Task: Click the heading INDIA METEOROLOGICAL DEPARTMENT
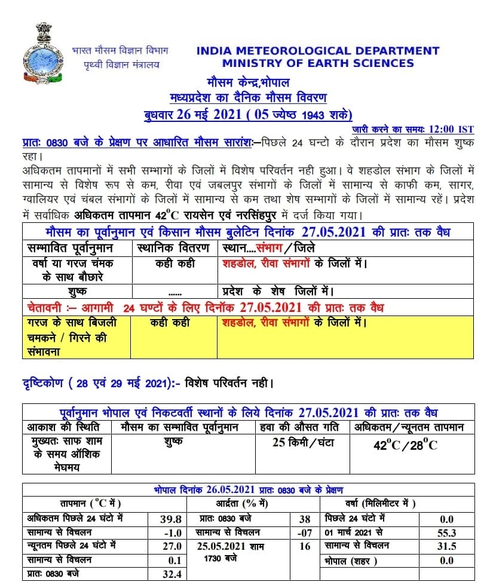(x=317, y=51)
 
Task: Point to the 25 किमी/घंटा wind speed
(x=302, y=443)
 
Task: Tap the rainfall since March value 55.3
(x=446, y=532)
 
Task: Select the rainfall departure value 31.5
(x=446, y=546)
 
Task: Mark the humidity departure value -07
(x=305, y=532)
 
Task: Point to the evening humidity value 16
(x=305, y=546)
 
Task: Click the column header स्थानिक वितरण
(x=173, y=247)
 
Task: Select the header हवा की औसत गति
(x=301, y=427)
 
